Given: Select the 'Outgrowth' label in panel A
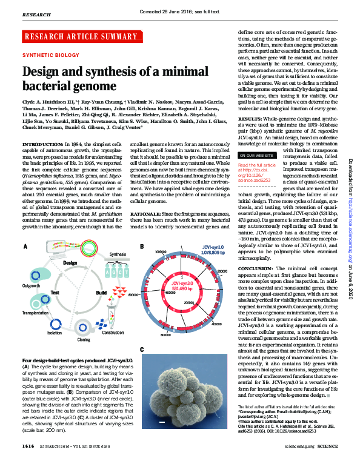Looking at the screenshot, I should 32,285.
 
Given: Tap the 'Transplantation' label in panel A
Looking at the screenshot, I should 36,314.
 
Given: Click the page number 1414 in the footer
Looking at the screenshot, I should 28,446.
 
